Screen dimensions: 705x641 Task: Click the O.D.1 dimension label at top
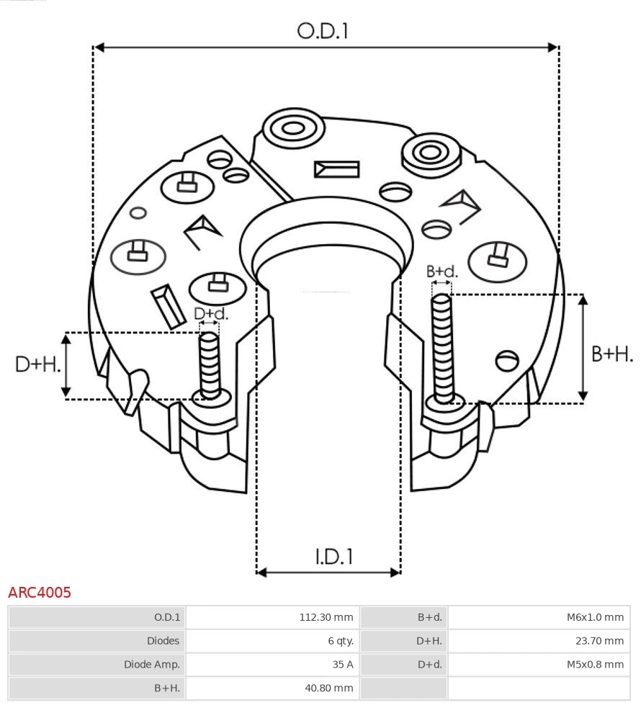pyautogui.click(x=323, y=31)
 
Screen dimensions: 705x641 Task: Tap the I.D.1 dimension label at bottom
pyautogui.click(x=333, y=556)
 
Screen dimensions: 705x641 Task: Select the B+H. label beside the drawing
pyautogui.click(x=612, y=354)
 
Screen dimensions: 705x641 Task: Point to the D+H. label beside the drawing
pyautogui.click(x=37, y=364)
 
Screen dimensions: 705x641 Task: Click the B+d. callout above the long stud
pyautogui.click(x=441, y=271)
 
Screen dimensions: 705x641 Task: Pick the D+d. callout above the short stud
pyautogui.click(x=211, y=313)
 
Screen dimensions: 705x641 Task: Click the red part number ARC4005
pyautogui.click(x=40, y=593)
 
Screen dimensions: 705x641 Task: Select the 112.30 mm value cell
pyautogui.click(x=326, y=617)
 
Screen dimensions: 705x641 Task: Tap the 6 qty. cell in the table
pyautogui.click(x=341, y=641)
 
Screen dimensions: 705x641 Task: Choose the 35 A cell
pyautogui.click(x=344, y=665)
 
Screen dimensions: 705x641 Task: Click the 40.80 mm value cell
pyautogui.click(x=328, y=688)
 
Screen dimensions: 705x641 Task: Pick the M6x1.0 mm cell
pyautogui.click(x=594, y=617)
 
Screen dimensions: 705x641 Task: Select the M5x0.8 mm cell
pyautogui.click(x=594, y=665)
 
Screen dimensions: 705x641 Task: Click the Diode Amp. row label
pyautogui.click(x=152, y=665)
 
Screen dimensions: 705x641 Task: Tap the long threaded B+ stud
pyautogui.click(x=442, y=346)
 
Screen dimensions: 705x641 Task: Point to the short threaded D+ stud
pyautogui.click(x=210, y=364)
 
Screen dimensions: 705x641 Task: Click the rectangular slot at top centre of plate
pyautogui.click(x=336, y=169)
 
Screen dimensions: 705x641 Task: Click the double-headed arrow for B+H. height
pyautogui.click(x=583, y=348)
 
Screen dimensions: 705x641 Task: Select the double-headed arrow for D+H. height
pyautogui.click(x=66, y=365)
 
